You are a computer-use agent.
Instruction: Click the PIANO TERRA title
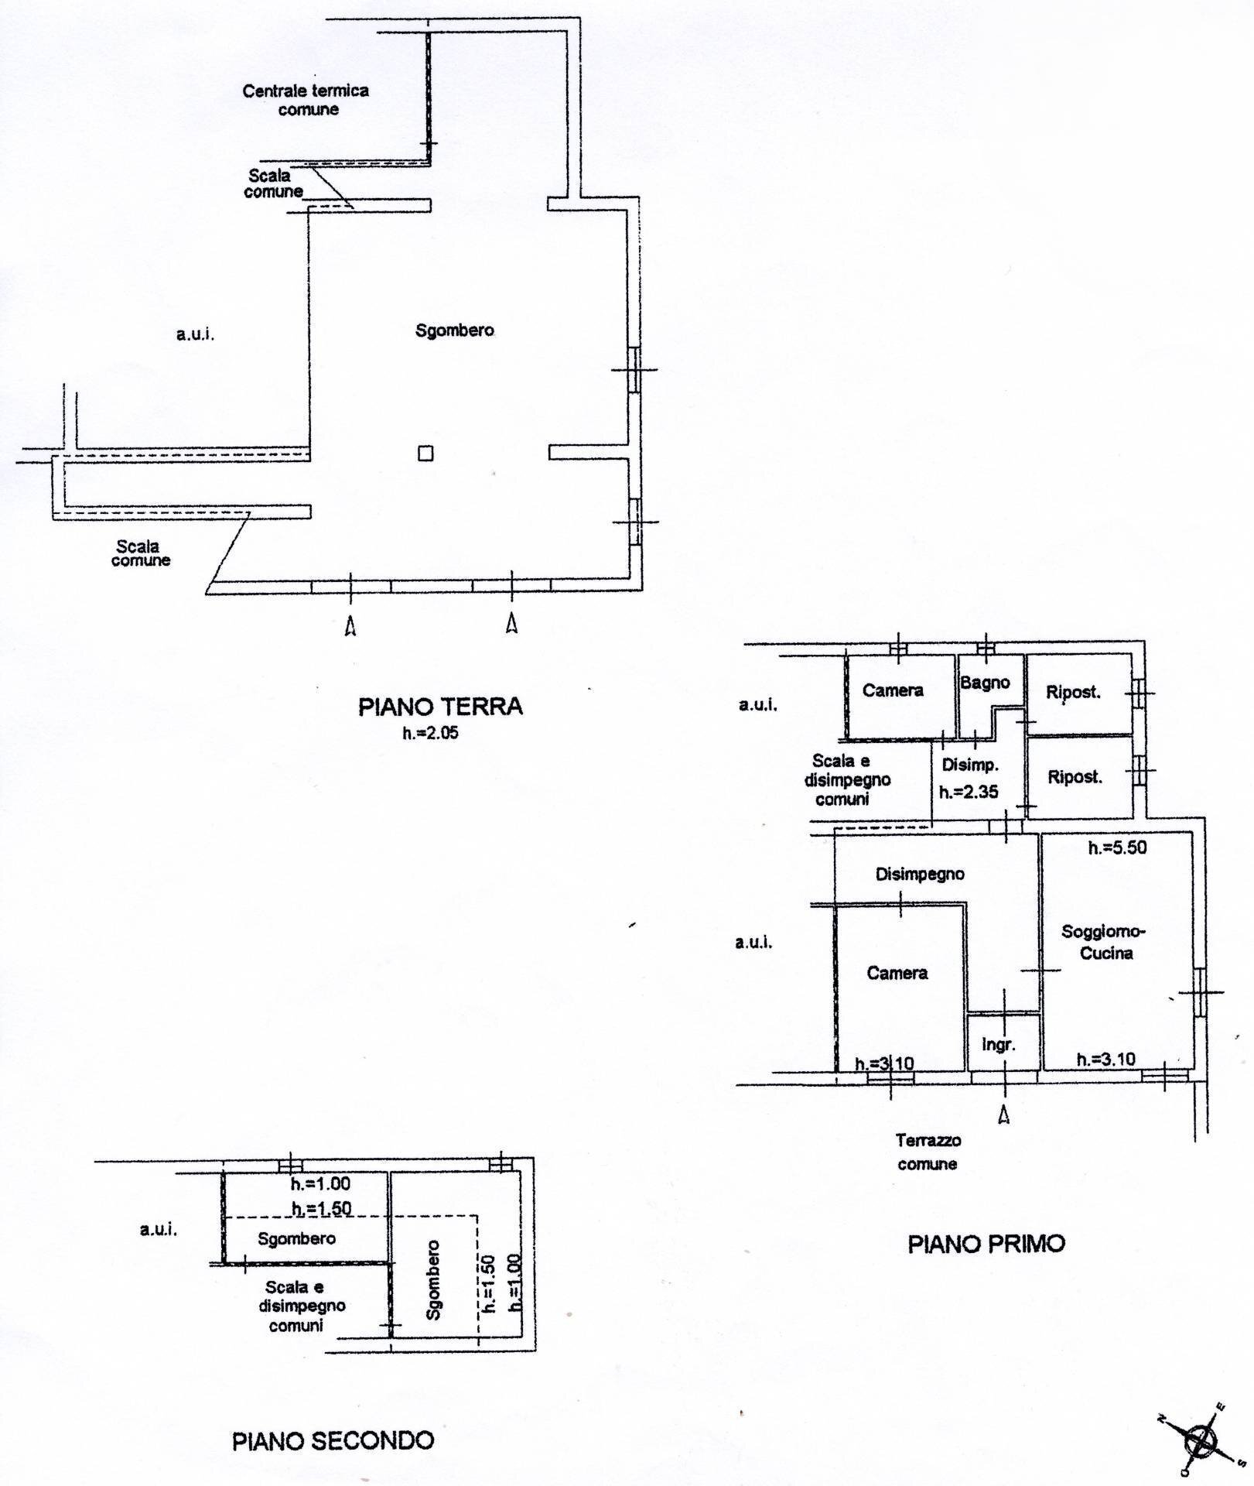click(x=440, y=706)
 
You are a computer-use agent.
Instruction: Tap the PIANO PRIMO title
click(x=986, y=1245)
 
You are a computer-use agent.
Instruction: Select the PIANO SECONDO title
click(x=333, y=1440)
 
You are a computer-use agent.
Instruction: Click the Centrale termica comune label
click(x=306, y=100)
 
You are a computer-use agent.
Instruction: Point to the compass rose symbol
click(x=1201, y=1440)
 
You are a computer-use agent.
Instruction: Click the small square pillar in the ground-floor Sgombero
click(x=425, y=454)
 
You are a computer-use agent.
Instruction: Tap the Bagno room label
click(x=985, y=683)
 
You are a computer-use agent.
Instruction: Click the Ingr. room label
click(x=998, y=1045)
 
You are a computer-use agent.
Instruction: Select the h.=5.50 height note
click(x=1117, y=848)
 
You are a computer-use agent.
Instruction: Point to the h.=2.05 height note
click(x=430, y=733)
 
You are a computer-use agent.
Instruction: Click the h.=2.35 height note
click(x=969, y=792)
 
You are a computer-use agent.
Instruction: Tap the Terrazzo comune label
click(x=928, y=1152)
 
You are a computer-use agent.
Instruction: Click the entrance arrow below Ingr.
click(x=1004, y=1114)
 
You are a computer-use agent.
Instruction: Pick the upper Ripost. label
click(x=1073, y=692)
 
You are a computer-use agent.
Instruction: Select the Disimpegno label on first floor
click(x=920, y=874)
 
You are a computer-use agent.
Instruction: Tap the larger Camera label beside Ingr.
click(x=897, y=973)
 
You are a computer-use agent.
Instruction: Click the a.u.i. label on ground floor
click(x=195, y=334)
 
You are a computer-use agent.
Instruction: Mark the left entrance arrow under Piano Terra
click(x=350, y=625)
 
